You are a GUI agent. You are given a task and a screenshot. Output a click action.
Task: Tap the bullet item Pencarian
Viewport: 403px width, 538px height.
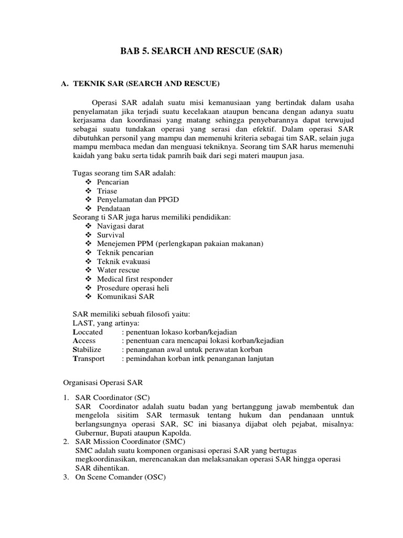(x=113, y=182)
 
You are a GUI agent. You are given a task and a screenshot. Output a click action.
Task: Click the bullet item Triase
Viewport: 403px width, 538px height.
(x=107, y=191)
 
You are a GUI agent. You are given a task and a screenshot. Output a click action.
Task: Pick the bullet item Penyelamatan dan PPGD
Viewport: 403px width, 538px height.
(x=133, y=200)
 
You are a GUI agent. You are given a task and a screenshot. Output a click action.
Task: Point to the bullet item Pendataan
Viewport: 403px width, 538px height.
(x=113, y=209)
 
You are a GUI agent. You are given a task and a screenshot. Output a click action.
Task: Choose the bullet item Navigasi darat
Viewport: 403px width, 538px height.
(x=120, y=226)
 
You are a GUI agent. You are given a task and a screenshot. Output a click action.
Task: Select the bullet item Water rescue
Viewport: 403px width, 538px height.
(x=118, y=271)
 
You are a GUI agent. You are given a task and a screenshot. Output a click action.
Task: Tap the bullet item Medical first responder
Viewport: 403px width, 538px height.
(x=134, y=279)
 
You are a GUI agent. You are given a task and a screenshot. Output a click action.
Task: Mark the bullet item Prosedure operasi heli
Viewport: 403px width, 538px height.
(x=133, y=288)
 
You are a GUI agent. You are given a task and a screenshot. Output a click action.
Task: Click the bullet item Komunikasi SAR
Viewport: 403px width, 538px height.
(x=125, y=297)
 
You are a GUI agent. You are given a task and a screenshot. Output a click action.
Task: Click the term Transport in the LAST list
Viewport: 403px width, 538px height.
(x=88, y=358)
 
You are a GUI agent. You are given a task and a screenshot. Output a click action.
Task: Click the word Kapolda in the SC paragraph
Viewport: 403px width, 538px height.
(x=176, y=433)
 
